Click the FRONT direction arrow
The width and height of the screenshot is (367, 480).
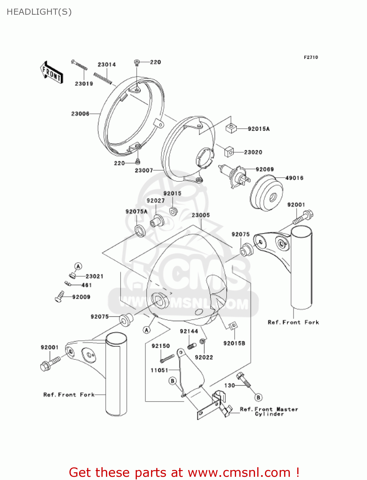(x=51, y=73)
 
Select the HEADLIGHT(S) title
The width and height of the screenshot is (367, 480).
(x=39, y=12)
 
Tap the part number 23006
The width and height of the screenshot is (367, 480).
(x=80, y=114)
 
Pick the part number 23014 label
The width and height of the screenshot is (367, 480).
(x=107, y=65)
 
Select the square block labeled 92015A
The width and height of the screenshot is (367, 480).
(x=231, y=128)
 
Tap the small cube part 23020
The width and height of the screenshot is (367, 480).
(x=229, y=152)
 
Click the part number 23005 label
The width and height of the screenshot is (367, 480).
(x=201, y=215)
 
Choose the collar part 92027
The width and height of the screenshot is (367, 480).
(x=156, y=220)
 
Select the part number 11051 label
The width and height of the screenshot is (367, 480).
(x=159, y=370)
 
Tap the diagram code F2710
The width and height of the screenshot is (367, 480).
(x=311, y=57)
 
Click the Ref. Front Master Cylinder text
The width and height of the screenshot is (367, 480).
(x=269, y=412)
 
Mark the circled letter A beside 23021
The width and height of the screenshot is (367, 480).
(x=78, y=266)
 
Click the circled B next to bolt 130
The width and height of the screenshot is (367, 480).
(x=258, y=397)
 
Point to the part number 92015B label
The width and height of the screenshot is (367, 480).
(x=234, y=343)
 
